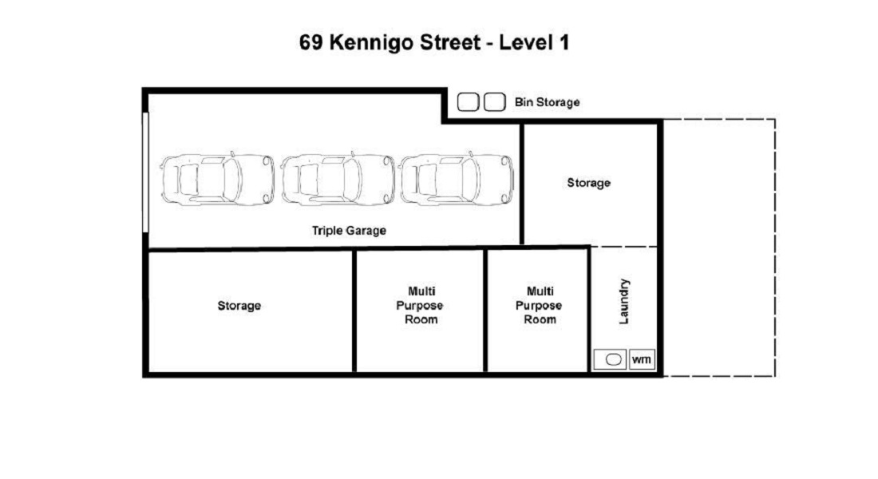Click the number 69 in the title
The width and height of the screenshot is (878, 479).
310,42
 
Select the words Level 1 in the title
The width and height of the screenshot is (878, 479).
534,42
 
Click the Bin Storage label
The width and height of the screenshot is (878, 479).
547,102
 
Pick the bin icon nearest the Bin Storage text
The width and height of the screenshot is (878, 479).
494,102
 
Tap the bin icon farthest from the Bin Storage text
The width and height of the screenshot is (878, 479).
468,102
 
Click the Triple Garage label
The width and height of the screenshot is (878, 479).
349,230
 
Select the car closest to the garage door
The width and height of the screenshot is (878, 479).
217,179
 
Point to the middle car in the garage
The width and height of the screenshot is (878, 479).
338,179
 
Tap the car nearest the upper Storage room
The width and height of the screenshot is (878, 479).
457,179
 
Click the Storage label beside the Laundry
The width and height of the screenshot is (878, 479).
588,183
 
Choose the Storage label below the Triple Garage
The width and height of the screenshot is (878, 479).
239,305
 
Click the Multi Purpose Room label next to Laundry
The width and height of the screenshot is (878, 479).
540,305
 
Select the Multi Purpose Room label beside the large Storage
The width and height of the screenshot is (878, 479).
420,305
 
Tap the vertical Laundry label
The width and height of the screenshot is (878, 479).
624,302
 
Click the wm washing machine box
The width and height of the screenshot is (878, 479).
642,359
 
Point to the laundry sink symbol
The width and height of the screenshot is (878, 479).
614,360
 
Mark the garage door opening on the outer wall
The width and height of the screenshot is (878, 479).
145,172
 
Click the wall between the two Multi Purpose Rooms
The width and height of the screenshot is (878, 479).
485,311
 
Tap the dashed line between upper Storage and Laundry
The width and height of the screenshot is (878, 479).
624,247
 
